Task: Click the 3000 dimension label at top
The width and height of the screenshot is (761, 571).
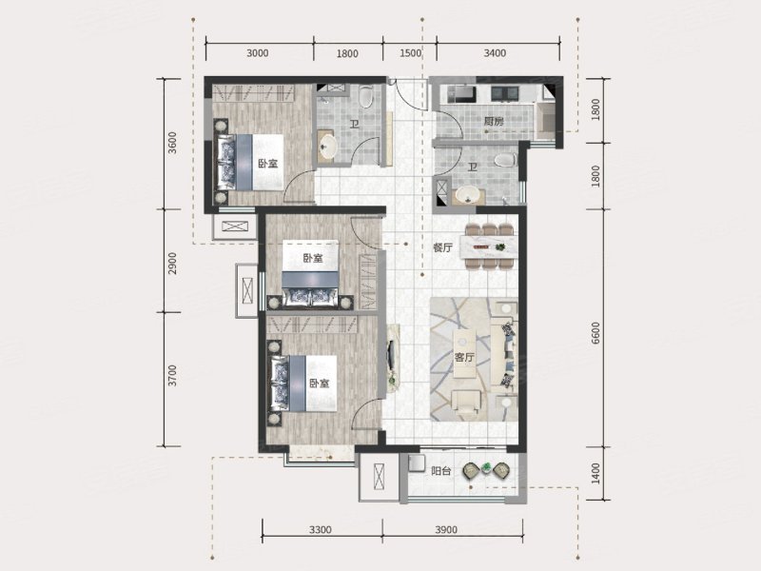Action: point(257,53)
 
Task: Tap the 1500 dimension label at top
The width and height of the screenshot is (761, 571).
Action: point(410,53)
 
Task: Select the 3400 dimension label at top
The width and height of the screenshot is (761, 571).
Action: point(495,53)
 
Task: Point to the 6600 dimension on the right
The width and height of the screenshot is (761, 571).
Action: point(596,333)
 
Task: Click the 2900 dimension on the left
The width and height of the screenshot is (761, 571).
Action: point(172,264)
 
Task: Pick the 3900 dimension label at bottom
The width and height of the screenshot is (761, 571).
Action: point(446,530)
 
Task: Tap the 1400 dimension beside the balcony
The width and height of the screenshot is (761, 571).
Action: point(596,473)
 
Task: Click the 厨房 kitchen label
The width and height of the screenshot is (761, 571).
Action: point(494,122)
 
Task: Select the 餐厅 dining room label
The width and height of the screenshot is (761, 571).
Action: point(442,247)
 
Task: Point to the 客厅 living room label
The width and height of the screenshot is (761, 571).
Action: point(464,358)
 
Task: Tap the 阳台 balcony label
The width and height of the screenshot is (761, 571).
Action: point(441,470)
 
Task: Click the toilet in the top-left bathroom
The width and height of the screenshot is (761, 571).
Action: point(366,96)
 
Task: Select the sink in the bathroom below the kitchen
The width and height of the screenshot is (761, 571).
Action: point(470,196)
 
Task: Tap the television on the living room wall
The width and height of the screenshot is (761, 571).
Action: point(390,358)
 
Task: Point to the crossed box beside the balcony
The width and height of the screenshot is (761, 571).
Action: point(379,478)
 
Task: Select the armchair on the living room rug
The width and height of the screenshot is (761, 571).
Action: point(465,401)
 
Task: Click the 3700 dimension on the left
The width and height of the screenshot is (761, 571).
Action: point(172,376)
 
